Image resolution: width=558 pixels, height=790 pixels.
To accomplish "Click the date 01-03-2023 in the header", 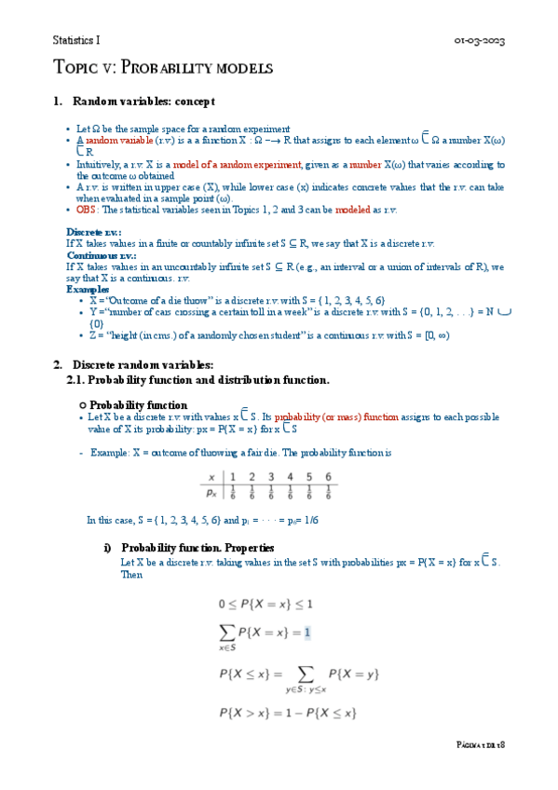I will pyautogui.click(x=480, y=41).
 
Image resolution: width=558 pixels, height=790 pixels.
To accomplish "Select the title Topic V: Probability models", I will pyautogui.click(x=162, y=68).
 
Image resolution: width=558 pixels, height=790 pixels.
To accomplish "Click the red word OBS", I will pyautogui.click(x=86, y=211).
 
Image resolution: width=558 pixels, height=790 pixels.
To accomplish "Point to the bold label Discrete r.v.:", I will pyautogui.click(x=94, y=232).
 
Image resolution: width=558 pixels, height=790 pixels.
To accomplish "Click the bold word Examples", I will pyautogui.click(x=88, y=289).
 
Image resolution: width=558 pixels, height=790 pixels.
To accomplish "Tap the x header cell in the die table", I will pyautogui.click(x=211, y=477).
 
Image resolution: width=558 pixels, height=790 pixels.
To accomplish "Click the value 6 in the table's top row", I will pyautogui.click(x=328, y=477).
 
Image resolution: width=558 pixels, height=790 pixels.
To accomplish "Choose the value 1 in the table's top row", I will pyautogui.click(x=233, y=477).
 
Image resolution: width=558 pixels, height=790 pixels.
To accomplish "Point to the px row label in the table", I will pyautogui.click(x=211, y=493).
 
